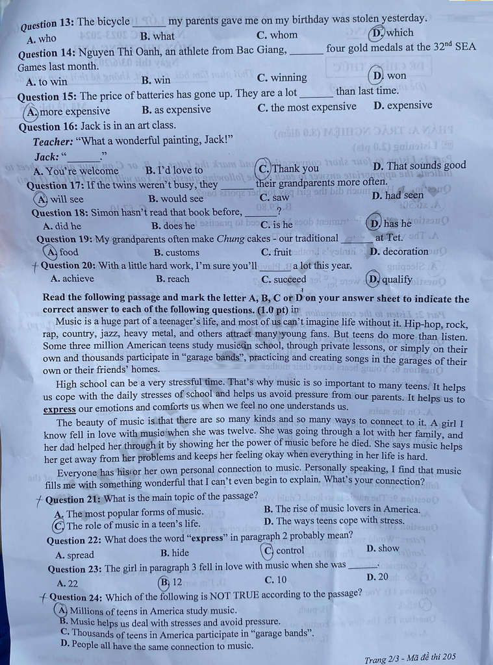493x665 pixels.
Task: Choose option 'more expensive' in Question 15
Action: (x=70, y=111)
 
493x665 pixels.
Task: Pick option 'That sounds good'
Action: (x=420, y=166)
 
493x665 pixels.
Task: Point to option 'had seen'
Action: (x=398, y=195)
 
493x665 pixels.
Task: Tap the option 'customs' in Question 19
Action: (x=177, y=253)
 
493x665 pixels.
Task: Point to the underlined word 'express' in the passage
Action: (x=59, y=409)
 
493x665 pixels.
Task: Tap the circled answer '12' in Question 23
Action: (x=171, y=582)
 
